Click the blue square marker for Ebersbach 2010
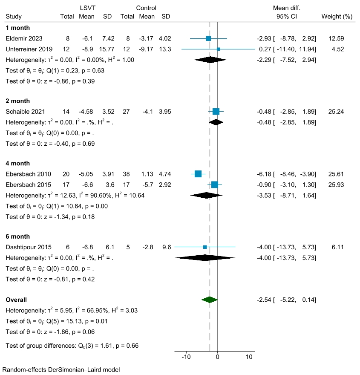tap(198, 174)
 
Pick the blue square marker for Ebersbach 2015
tap(214, 185)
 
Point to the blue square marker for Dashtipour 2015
tap(205, 247)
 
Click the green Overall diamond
tap(210, 300)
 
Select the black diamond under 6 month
tap(205, 257)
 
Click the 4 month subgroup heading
tap(18, 163)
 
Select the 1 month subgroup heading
tap(18, 28)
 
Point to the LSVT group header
tap(87, 8)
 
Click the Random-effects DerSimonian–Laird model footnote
tap(61, 369)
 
